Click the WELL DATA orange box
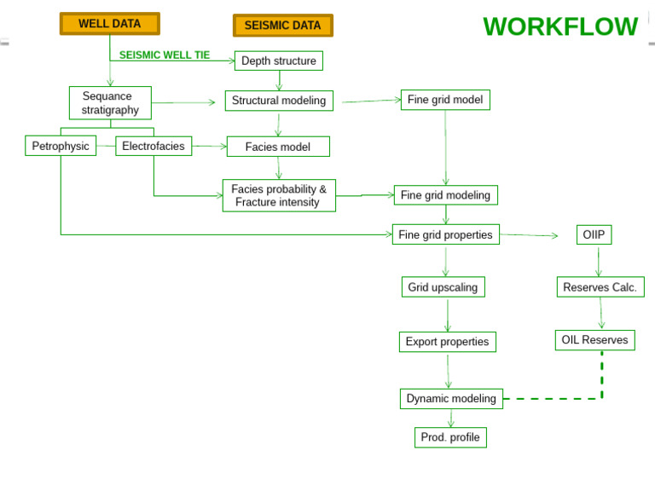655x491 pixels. point(109,24)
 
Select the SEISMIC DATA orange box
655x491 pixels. point(282,26)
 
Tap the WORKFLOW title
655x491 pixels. point(559,27)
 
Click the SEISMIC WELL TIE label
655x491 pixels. point(164,55)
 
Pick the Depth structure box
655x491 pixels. point(278,61)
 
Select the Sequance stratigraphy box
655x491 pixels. point(110,103)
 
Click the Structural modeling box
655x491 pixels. point(279,101)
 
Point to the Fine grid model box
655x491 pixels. point(445,100)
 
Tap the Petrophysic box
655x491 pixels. point(61,146)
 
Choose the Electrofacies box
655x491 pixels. point(154,146)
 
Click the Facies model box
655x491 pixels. point(278,147)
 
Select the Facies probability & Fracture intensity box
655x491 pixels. point(279,195)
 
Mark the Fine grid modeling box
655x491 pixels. point(445,195)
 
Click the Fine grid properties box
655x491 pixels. point(445,234)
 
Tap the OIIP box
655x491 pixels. point(594,234)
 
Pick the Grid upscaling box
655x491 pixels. point(443,287)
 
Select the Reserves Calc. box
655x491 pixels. point(600,287)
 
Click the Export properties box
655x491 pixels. point(447,342)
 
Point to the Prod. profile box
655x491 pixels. point(450,437)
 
